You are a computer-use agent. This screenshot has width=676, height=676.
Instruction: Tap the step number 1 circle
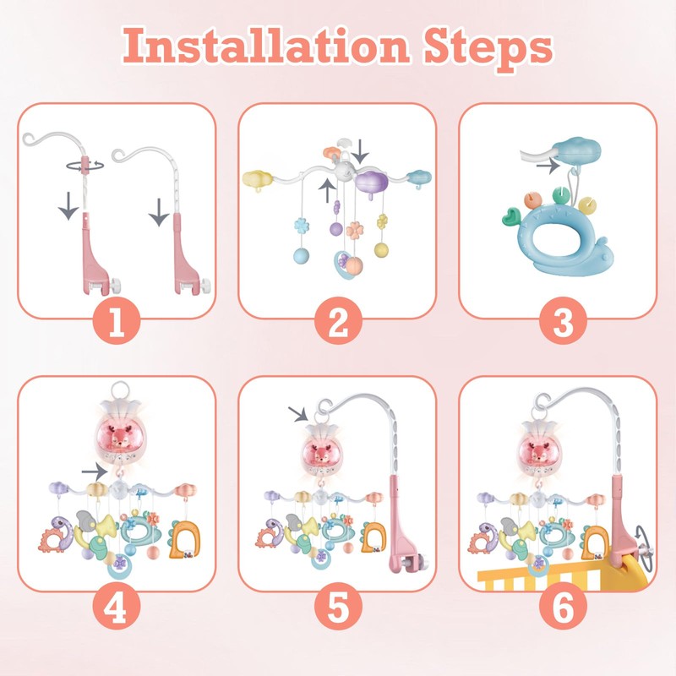pos(117,322)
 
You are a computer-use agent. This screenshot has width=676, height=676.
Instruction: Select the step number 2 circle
pos(338,322)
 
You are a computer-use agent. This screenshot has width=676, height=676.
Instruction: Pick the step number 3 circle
pos(558,322)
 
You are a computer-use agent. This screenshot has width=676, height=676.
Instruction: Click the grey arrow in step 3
pos(548,166)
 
